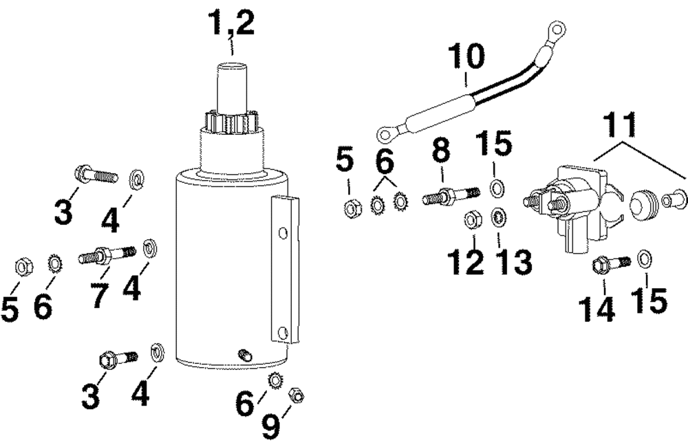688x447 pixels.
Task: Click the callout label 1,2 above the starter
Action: pos(232,25)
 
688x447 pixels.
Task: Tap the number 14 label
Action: pos(596,309)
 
